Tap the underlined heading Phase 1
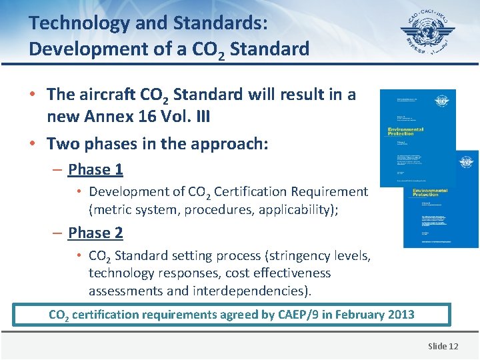click(95, 169)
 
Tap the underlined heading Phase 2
click(95, 233)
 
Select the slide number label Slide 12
click(443, 345)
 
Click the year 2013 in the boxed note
click(399, 315)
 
